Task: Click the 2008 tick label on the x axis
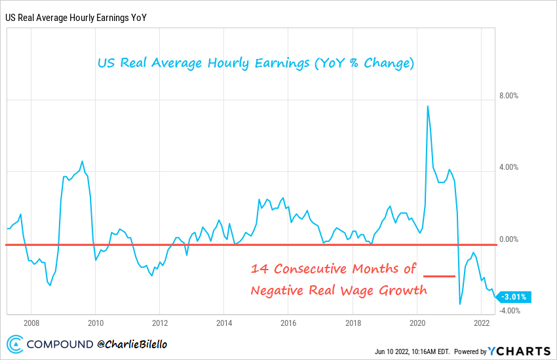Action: pyautogui.click(x=31, y=323)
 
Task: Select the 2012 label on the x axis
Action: pyautogui.click(x=160, y=323)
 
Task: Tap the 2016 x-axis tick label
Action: pyautogui.click(x=288, y=323)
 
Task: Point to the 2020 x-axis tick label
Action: pyautogui.click(x=417, y=323)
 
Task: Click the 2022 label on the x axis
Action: pyautogui.click(x=481, y=323)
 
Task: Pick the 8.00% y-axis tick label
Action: pyautogui.click(x=509, y=95)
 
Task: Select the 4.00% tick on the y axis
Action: pyautogui.click(x=509, y=167)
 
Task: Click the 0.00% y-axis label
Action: pyautogui.click(x=509, y=239)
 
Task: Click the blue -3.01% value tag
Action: pyautogui.click(x=514, y=297)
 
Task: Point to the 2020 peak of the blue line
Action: pyautogui.click(x=428, y=106)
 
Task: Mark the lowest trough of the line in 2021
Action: pyautogui.click(x=460, y=304)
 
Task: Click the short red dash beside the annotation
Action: pyautogui.click(x=439, y=277)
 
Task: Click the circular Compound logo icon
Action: pyautogui.click(x=16, y=343)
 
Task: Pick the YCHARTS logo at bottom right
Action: pyautogui.click(x=520, y=351)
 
